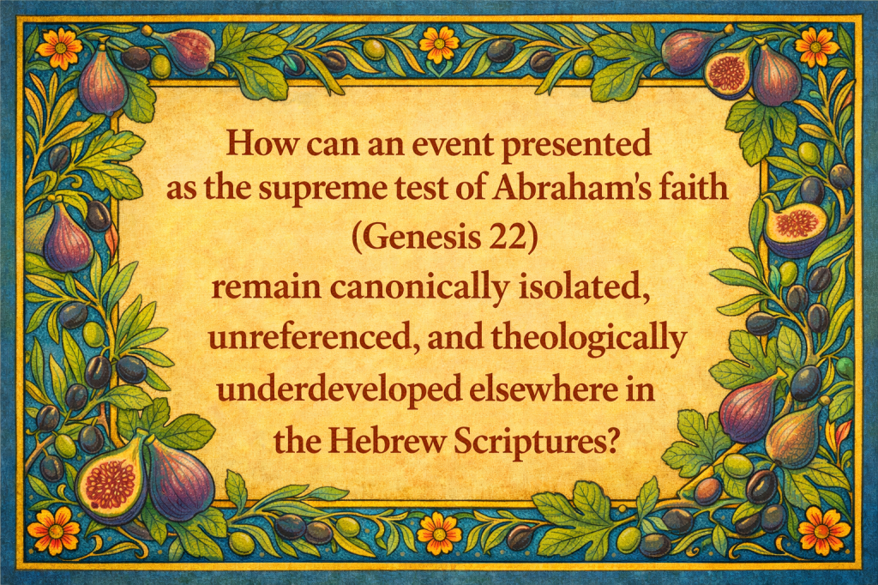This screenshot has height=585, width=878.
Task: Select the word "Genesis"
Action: point(420,238)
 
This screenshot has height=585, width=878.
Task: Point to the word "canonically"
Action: point(419,288)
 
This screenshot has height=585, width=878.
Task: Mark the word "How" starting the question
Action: point(262,143)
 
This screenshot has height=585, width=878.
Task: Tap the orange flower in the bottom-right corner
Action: point(825,529)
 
